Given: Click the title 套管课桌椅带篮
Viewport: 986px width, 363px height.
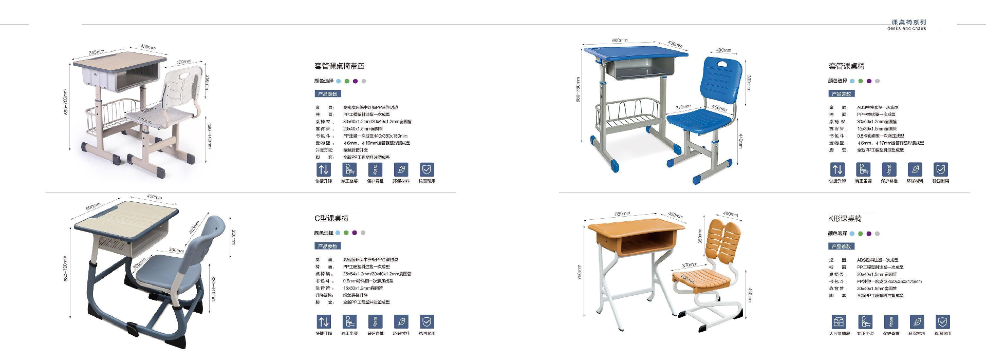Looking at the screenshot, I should [x=339, y=66].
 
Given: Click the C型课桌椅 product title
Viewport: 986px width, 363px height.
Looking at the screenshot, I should [x=331, y=218].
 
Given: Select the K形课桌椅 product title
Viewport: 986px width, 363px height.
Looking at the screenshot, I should [x=845, y=219].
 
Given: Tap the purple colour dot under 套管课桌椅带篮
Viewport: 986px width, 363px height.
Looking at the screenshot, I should [x=355, y=81].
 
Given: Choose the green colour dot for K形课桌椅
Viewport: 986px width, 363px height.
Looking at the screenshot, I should [x=861, y=234].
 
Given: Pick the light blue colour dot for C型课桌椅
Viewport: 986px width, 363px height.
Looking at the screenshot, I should [x=338, y=233].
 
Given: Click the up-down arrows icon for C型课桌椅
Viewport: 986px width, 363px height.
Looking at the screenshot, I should [x=324, y=322].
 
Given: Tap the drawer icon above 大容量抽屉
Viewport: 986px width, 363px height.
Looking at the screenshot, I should [x=839, y=322].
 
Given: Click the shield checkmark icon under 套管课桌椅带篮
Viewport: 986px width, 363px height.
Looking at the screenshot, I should [x=427, y=169].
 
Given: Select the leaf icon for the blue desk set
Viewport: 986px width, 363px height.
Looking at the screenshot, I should [x=915, y=169].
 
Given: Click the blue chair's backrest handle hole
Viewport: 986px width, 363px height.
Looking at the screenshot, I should [x=722, y=64].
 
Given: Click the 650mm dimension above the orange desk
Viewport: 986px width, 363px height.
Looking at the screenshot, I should [x=622, y=214].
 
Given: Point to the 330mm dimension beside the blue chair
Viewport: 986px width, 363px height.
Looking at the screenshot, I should [x=749, y=82].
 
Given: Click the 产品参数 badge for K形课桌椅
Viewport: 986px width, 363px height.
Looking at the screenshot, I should [x=841, y=246].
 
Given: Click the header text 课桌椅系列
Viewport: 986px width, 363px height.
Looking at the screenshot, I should [x=908, y=22].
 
